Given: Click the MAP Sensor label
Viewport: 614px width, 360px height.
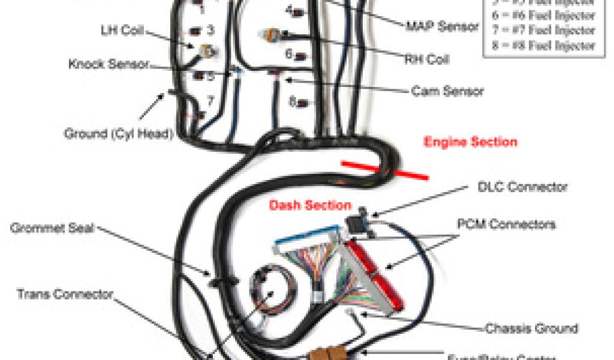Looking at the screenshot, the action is (442, 26).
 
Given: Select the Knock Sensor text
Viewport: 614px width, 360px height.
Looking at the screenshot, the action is (109, 64).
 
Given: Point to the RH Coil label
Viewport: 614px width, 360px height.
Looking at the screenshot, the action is (428, 59).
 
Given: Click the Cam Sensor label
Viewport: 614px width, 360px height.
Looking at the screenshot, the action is (447, 91).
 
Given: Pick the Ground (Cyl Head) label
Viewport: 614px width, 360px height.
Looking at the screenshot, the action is (119, 133).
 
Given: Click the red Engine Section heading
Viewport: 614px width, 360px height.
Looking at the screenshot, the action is (470, 142).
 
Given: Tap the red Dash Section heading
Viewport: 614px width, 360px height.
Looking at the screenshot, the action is (309, 205).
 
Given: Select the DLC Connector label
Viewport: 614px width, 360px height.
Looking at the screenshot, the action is (522, 187).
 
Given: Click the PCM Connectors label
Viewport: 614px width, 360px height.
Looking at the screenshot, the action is (506, 225).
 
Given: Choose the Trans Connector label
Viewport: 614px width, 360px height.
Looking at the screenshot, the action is (65, 294).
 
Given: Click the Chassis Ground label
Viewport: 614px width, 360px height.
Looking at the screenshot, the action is (531, 328).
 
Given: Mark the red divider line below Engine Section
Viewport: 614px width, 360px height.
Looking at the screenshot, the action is (384, 169).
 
